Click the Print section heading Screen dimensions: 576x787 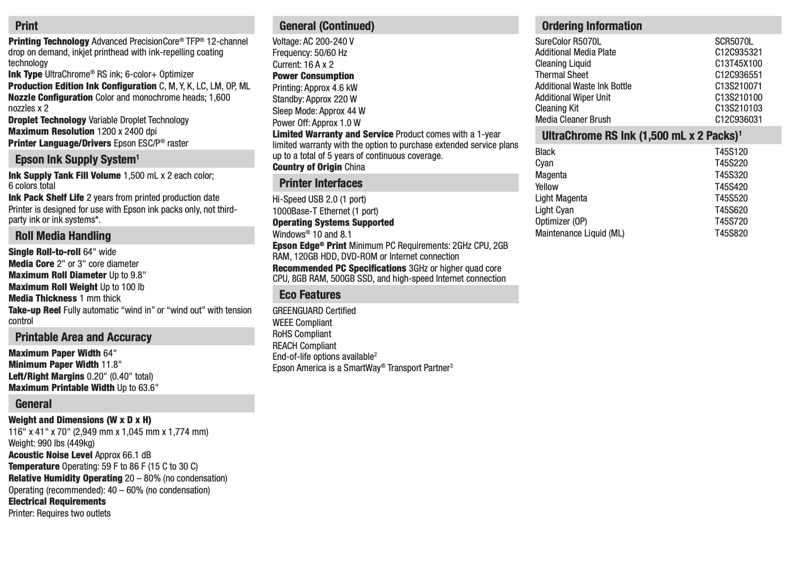tap(27, 26)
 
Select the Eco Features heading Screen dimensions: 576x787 tap(310, 295)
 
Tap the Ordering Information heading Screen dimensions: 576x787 tap(592, 26)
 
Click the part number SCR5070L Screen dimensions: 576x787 tap(734, 41)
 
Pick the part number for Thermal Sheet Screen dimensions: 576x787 tap(738, 75)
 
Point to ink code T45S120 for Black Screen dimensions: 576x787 tap(731, 152)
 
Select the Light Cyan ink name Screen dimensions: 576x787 tap(554, 210)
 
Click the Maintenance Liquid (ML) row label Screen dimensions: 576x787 tap(580, 233)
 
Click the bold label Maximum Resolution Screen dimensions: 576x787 tap(52, 131)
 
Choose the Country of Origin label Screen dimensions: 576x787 tap(307, 167)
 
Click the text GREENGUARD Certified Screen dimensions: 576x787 tap(314, 311)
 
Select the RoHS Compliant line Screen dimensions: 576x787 tap(302, 334)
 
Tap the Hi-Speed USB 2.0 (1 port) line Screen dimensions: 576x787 tap(319, 199)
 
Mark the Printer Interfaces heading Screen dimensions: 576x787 tap(320, 183)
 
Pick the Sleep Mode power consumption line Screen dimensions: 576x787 tap(319, 111)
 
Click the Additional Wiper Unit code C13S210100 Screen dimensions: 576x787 tap(738, 97)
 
